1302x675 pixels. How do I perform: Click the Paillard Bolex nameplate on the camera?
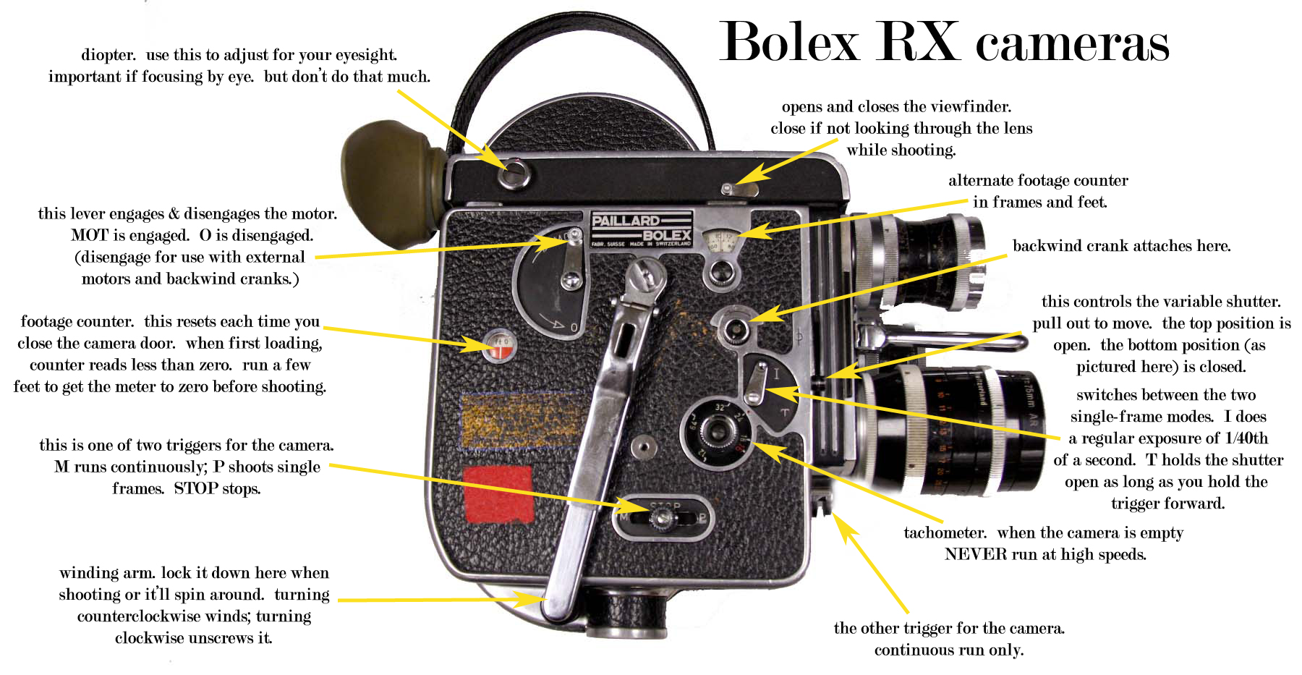coord(642,229)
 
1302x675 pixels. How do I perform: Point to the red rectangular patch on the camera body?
coord(498,493)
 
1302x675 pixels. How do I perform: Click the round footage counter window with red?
coord(499,345)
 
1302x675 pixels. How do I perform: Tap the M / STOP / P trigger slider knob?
coord(662,517)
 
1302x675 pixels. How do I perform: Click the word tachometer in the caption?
coord(945,533)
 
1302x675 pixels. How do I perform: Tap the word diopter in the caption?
coord(109,55)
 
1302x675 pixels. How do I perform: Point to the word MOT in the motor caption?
coord(89,235)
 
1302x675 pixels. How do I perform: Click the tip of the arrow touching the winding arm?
coord(544,600)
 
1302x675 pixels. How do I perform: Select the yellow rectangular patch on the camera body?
coord(522,419)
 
